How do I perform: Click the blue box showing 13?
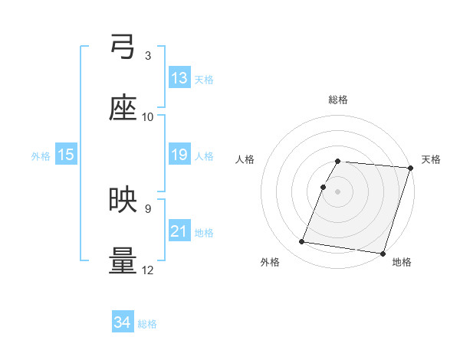pos(179,78)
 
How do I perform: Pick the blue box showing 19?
pos(179,155)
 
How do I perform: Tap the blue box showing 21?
pos(179,231)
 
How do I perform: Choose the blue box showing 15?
pos(66,155)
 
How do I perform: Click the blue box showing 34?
pos(123,322)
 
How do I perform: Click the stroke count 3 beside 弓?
pos(148,56)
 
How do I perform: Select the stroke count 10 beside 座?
pos(148,117)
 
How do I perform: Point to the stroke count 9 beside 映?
pos(148,208)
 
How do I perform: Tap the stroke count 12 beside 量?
pos(148,270)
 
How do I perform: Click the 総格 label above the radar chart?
pos(338,100)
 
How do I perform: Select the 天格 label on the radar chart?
pos(431,159)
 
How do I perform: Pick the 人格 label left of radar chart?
pos(246,159)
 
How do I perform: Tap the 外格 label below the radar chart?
pos(270,263)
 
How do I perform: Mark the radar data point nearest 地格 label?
pos(382,253)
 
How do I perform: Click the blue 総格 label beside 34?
pos(147,324)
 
